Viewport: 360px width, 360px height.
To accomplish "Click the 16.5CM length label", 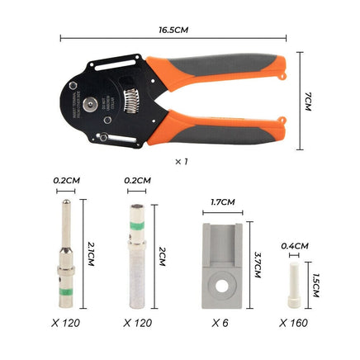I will click(174, 29).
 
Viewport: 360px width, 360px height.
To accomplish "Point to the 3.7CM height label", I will click(258, 266).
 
